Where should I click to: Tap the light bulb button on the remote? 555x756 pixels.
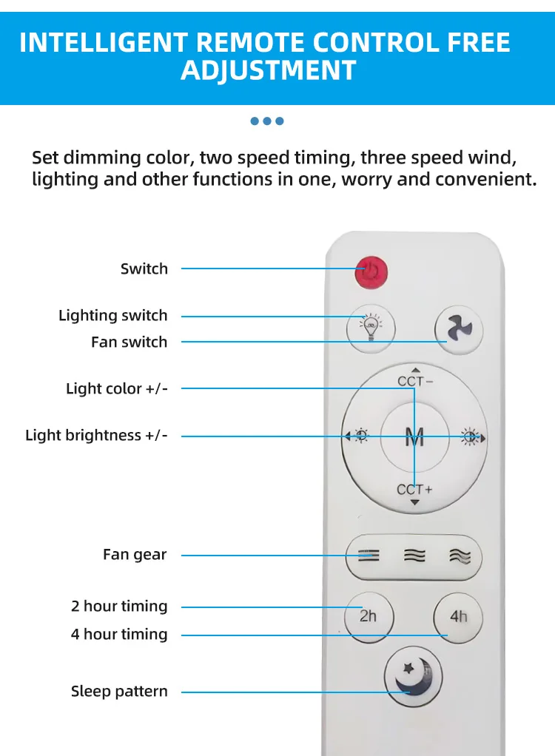pyautogui.click(x=371, y=328)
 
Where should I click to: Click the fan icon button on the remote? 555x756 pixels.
pyautogui.click(x=459, y=329)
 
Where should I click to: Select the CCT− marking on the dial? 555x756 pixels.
pyautogui.click(x=415, y=381)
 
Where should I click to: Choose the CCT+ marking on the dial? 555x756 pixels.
pyautogui.click(x=414, y=490)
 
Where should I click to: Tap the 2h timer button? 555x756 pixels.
pyautogui.click(x=369, y=617)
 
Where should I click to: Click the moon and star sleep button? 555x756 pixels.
pyautogui.click(x=413, y=676)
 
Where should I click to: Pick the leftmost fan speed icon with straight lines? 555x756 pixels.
pyautogui.click(x=369, y=556)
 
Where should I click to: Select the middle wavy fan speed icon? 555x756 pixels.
pyautogui.click(x=414, y=556)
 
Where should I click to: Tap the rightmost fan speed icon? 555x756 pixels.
pyautogui.click(x=460, y=556)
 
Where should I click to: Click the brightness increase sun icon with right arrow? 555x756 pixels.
pyautogui.click(x=472, y=437)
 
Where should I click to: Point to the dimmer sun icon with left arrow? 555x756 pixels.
pyautogui.click(x=357, y=436)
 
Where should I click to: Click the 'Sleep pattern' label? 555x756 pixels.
pyautogui.click(x=119, y=692)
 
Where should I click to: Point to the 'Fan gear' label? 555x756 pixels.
pyautogui.click(x=135, y=555)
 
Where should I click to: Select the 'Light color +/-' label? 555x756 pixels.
pyautogui.click(x=117, y=388)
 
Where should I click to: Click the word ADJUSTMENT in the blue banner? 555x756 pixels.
pyautogui.click(x=269, y=71)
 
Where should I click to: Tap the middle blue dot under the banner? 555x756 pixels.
pyautogui.click(x=267, y=121)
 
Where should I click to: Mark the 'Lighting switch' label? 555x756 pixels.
pyautogui.click(x=112, y=315)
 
